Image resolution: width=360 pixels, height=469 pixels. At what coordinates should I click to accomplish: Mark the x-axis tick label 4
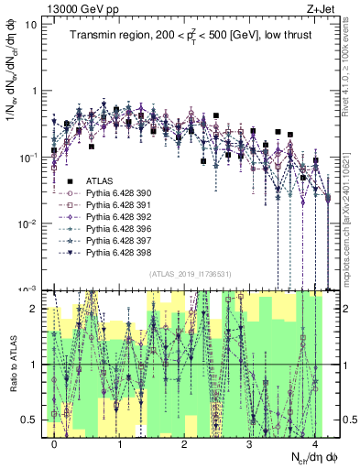pyautogui.click(x=314, y=443)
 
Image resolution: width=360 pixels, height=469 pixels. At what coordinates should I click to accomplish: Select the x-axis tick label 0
pyautogui.click(x=55, y=443)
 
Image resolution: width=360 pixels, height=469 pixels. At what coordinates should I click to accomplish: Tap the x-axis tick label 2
pyautogui.click(x=185, y=443)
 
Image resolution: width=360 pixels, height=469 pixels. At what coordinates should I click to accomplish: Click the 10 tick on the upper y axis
pyautogui.click(x=31, y=25)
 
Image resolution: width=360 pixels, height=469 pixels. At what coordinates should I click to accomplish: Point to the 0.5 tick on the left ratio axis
pyautogui.click(x=29, y=420)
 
